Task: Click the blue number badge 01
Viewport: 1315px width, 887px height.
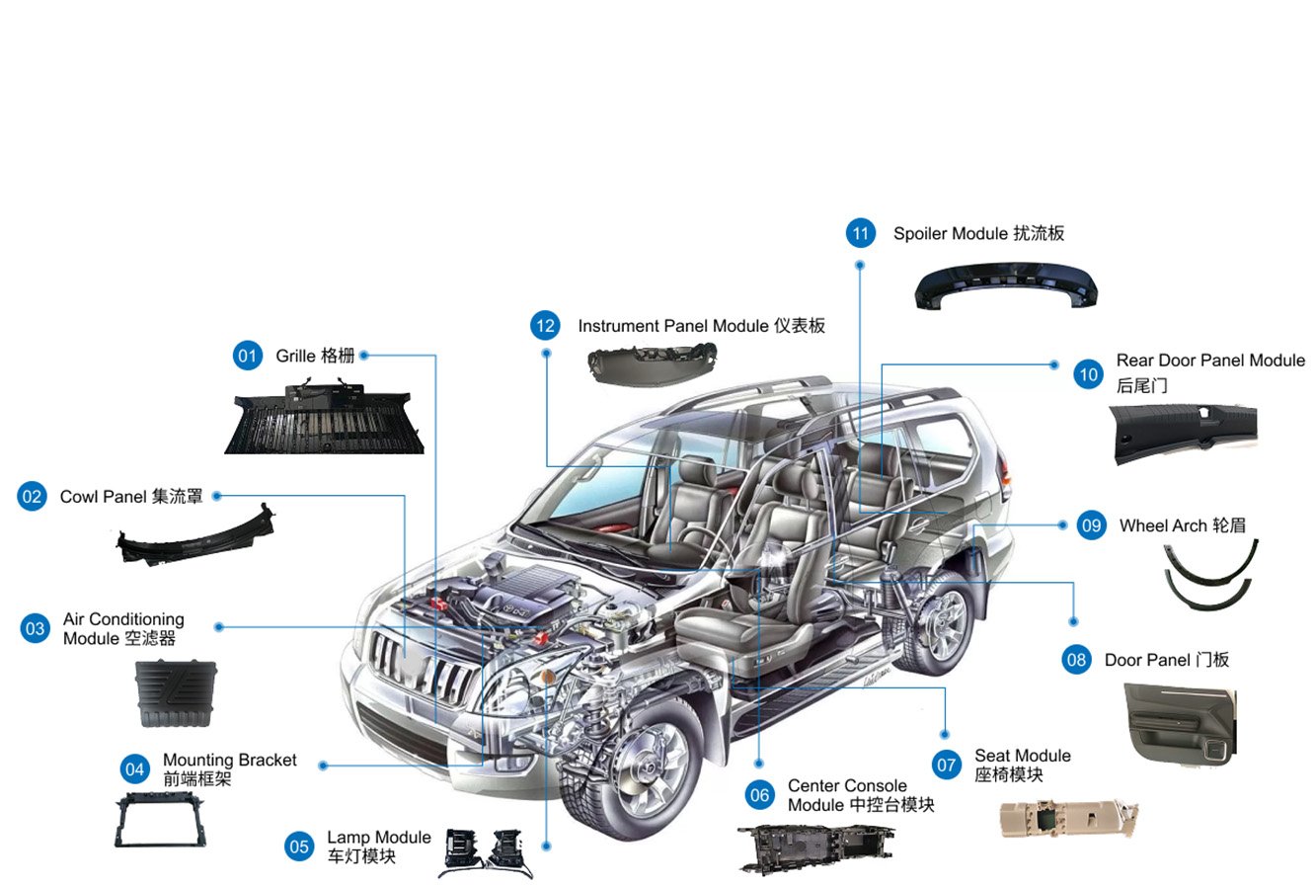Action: point(247,356)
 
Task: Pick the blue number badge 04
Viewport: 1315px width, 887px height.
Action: point(134,769)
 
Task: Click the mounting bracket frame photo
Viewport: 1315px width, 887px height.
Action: point(160,820)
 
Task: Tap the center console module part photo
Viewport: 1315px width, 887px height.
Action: point(813,847)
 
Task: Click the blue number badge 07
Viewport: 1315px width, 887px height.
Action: point(947,765)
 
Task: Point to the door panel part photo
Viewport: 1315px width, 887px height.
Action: point(1179,723)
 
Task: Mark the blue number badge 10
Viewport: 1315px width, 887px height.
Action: point(1088,374)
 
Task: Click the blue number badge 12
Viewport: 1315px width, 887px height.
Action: point(545,326)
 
